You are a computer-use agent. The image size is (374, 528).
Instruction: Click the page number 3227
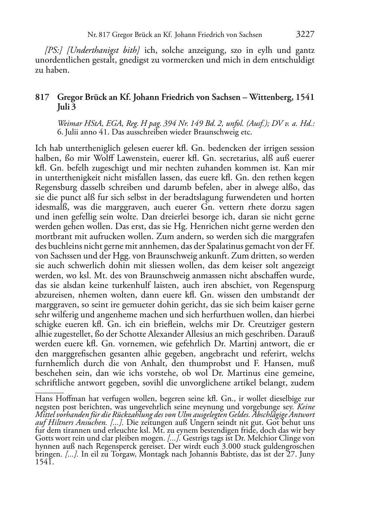point(305,35)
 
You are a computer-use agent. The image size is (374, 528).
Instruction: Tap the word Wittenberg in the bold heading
point(271,97)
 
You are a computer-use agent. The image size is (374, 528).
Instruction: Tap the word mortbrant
point(52,236)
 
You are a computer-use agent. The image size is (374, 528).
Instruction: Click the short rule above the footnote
point(49,392)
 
